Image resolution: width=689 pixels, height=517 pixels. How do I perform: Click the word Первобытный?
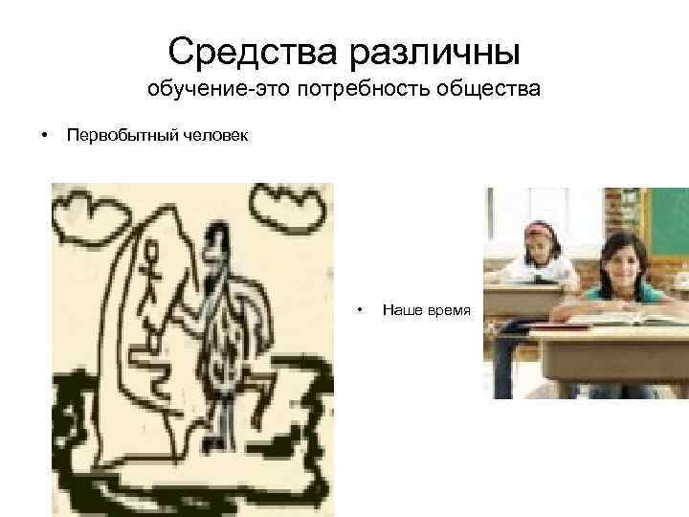click(x=122, y=135)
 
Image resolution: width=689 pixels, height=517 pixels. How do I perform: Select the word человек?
click(x=215, y=135)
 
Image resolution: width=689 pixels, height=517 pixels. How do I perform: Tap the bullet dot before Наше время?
click(x=359, y=308)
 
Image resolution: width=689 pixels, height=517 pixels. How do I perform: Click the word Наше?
click(x=398, y=308)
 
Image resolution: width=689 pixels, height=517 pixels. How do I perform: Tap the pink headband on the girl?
click(x=541, y=228)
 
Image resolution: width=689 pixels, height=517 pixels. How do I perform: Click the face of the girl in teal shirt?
click(x=622, y=261)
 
